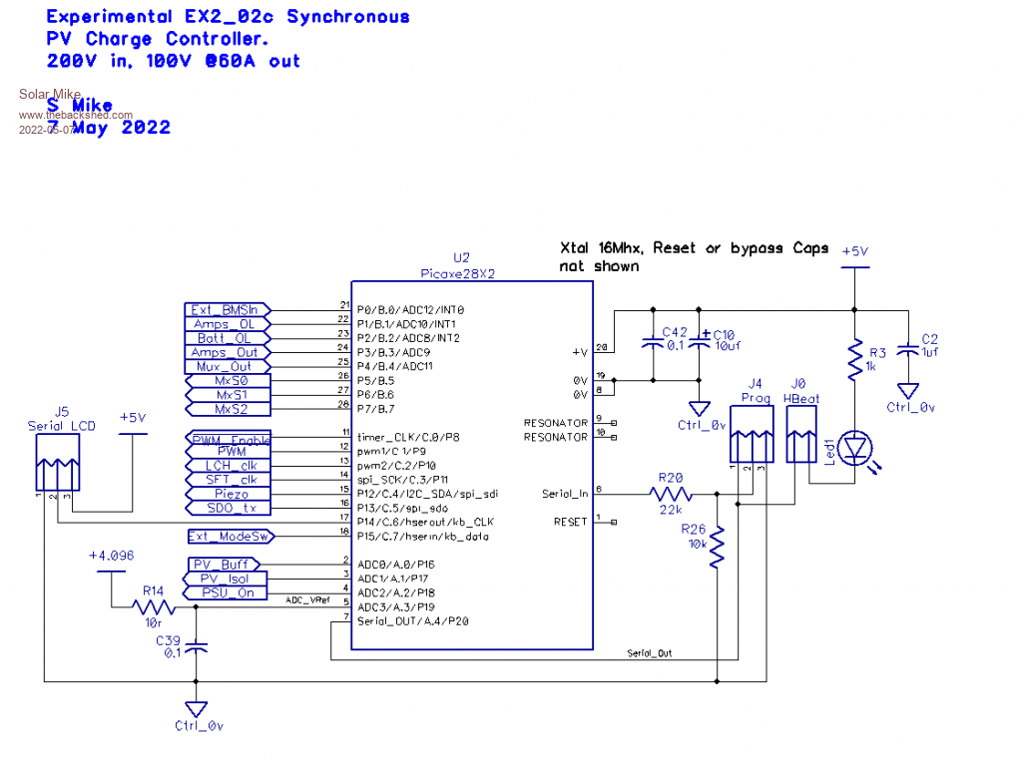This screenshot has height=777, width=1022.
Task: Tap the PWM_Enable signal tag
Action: [x=229, y=438]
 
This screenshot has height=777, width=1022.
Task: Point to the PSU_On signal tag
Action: [x=229, y=592]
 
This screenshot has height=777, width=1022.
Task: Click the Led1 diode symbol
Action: [x=855, y=448]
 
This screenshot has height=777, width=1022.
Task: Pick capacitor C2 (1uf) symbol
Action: [x=907, y=351]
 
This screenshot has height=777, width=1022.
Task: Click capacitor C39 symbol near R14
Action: [x=198, y=647]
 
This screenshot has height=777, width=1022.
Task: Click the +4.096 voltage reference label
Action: [x=111, y=556]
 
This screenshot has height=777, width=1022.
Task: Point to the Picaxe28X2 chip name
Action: [x=459, y=271]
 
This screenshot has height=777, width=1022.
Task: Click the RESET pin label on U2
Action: [x=571, y=522]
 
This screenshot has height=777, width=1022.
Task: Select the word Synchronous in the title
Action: [x=349, y=17]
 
